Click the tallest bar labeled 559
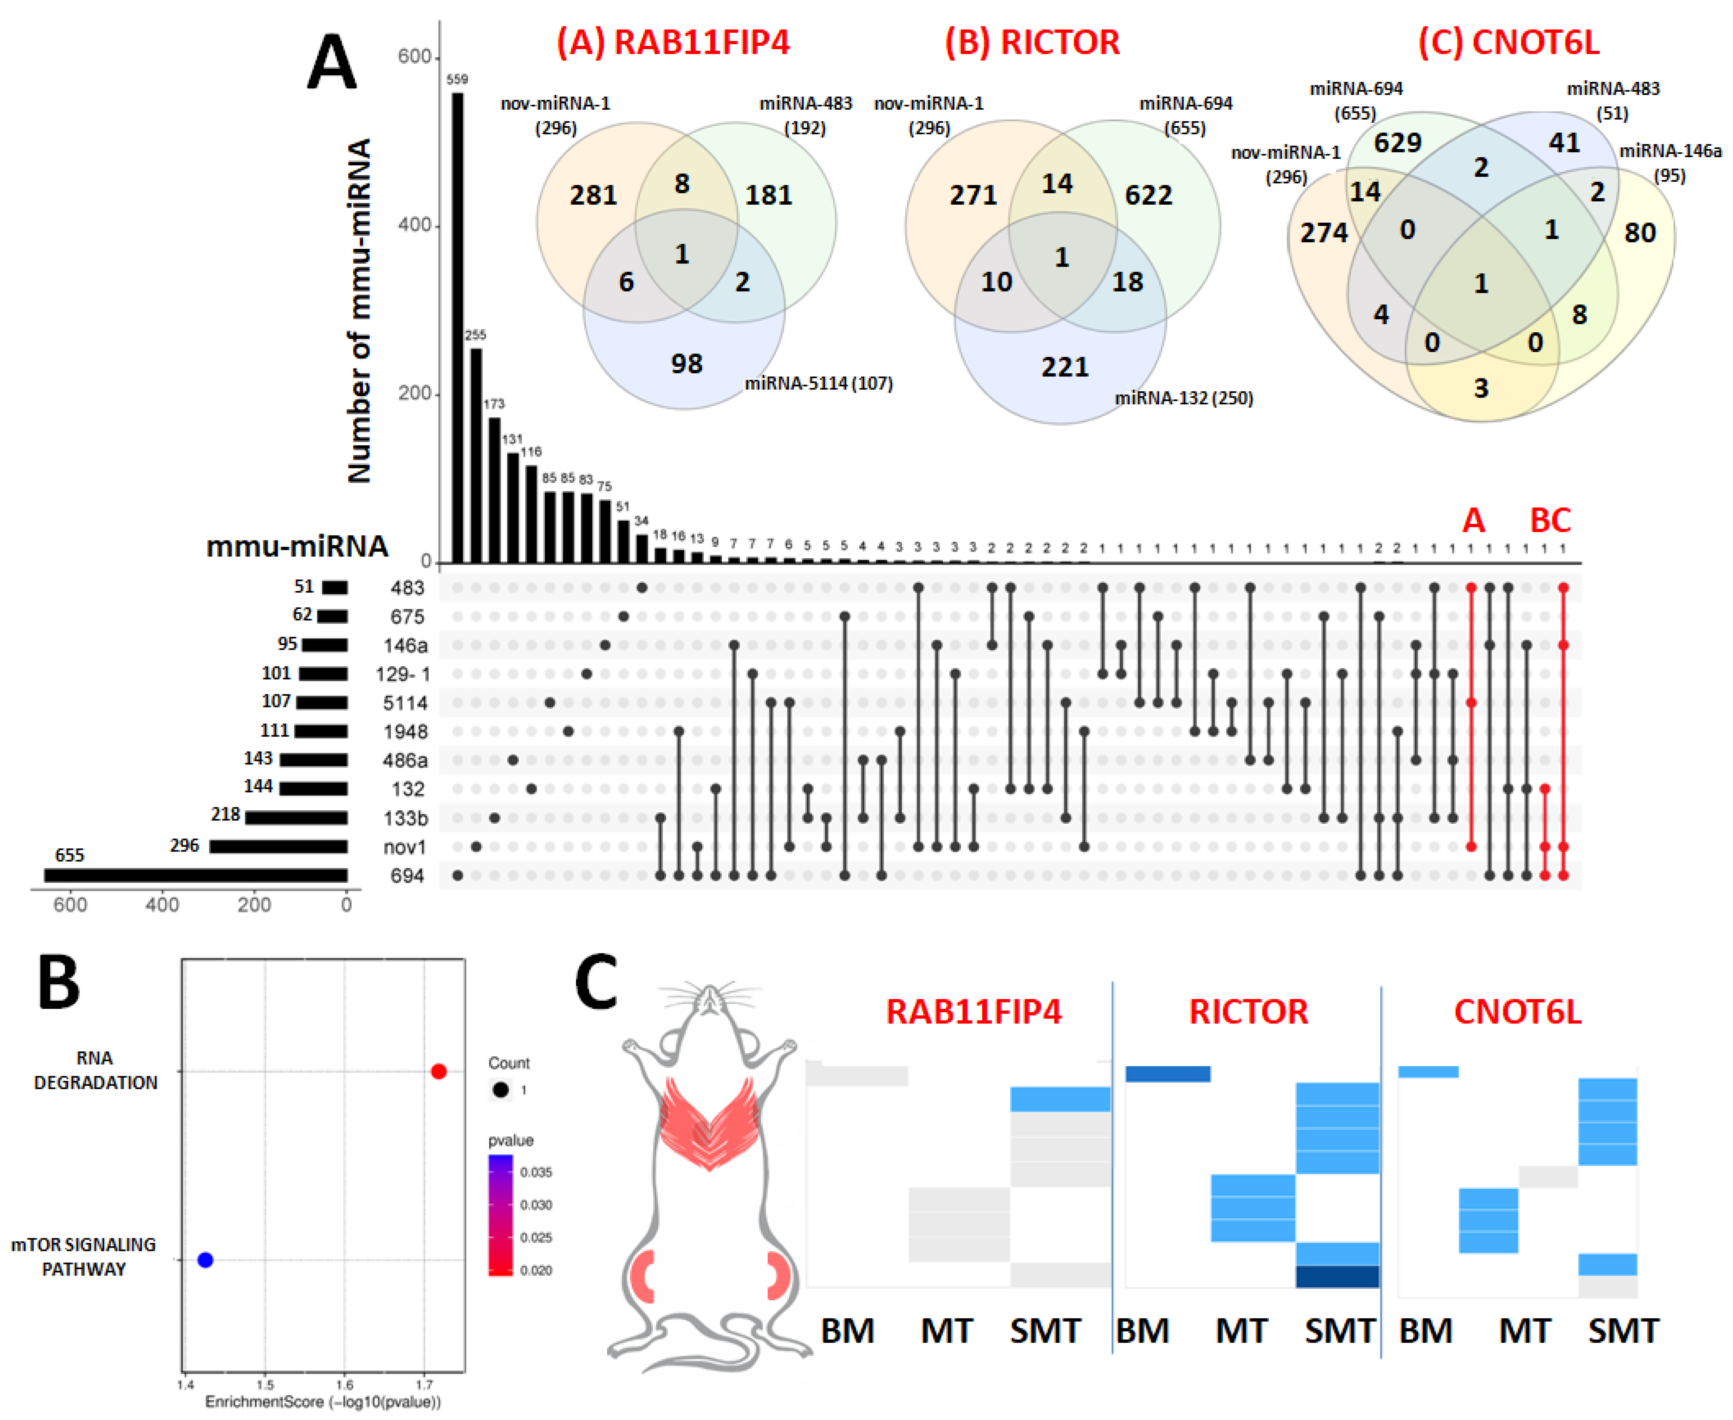(x=457, y=327)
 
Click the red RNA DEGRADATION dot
(x=438, y=1071)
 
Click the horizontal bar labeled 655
(x=197, y=875)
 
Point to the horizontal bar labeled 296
(x=278, y=847)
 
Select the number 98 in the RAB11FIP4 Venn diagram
(x=687, y=364)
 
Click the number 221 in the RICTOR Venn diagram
(x=1064, y=367)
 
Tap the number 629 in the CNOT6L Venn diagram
(x=1398, y=143)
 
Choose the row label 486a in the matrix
(x=405, y=761)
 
